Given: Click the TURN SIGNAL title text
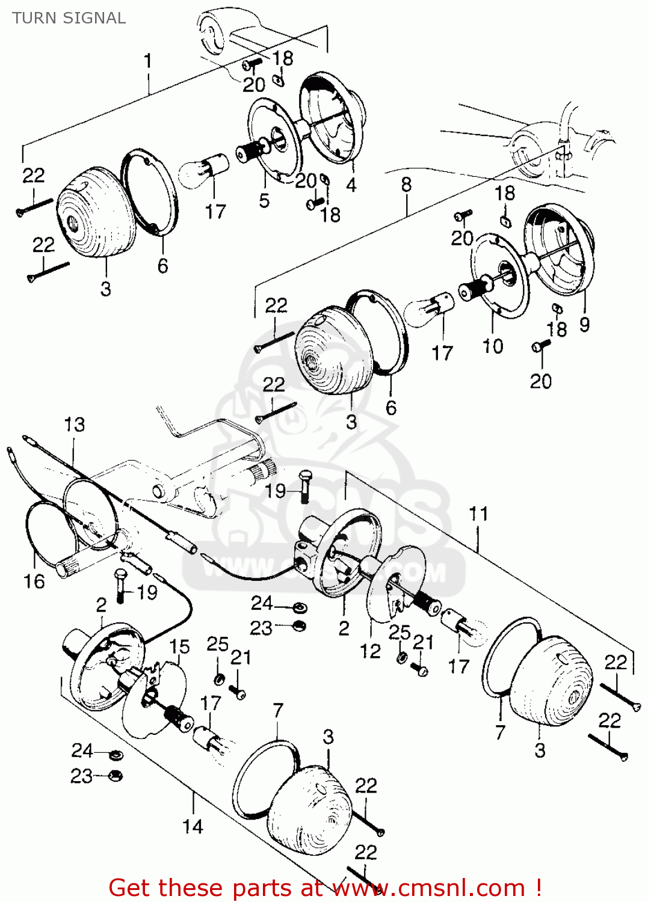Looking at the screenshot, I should pyautogui.click(x=69, y=18).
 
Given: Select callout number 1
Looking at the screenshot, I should pyautogui.click(x=147, y=61).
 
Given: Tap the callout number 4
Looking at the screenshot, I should pyautogui.click(x=351, y=185).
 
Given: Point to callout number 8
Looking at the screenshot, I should pyautogui.click(x=406, y=184).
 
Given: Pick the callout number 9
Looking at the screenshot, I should pyautogui.click(x=584, y=325).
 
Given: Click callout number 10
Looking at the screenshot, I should pyautogui.click(x=493, y=346).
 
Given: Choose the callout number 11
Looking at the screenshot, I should pyautogui.click(x=478, y=514).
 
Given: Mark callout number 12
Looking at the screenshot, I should pyautogui.click(x=370, y=651).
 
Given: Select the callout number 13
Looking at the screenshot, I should pyautogui.click(x=75, y=425).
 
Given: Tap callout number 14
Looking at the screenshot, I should pyautogui.click(x=193, y=827).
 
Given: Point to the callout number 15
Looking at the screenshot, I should pyautogui.click(x=179, y=647).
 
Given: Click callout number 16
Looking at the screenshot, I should pyautogui.click(x=34, y=581).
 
